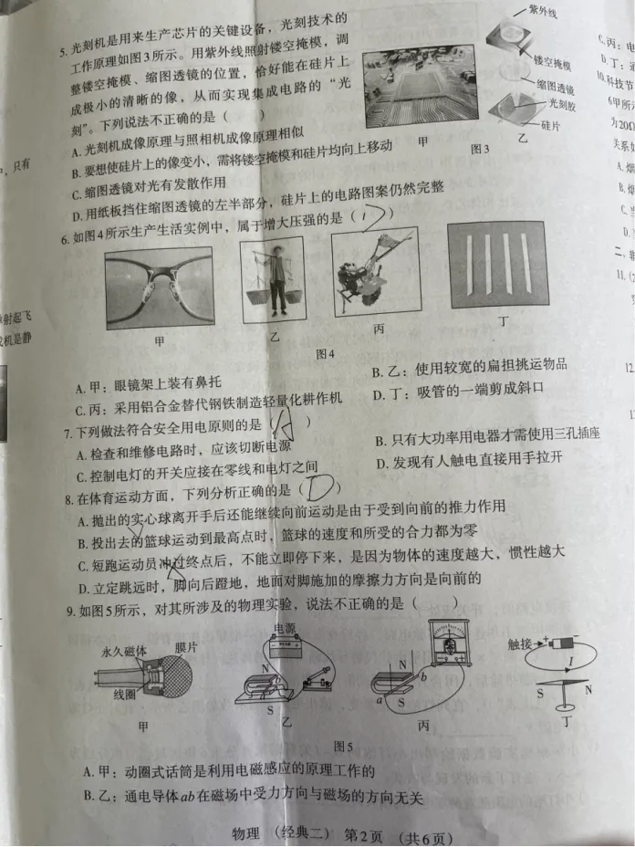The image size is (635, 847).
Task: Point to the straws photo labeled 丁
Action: click(x=497, y=265)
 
